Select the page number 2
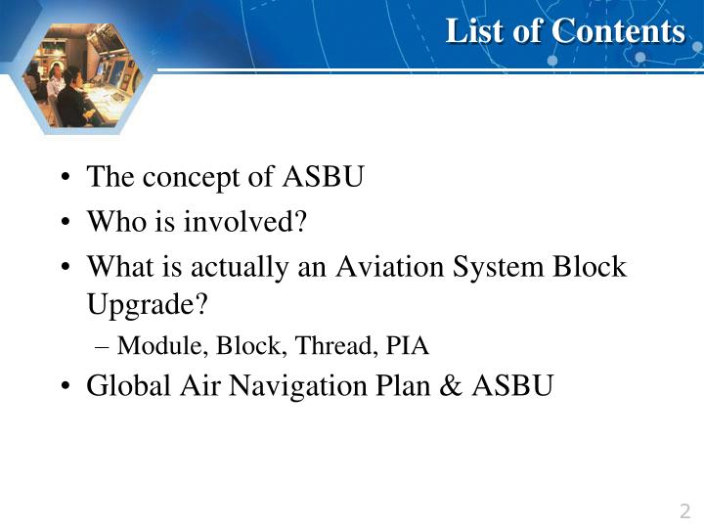pyautogui.click(x=684, y=511)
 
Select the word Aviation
pyautogui.click(x=384, y=266)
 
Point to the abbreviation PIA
pyautogui.click(x=408, y=345)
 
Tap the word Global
pyautogui.click(x=122, y=386)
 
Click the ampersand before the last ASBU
pyautogui.click(x=450, y=386)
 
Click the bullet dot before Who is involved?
pyautogui.click(x=64, y=223)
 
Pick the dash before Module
pyautogui.click(x=105, y=345)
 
